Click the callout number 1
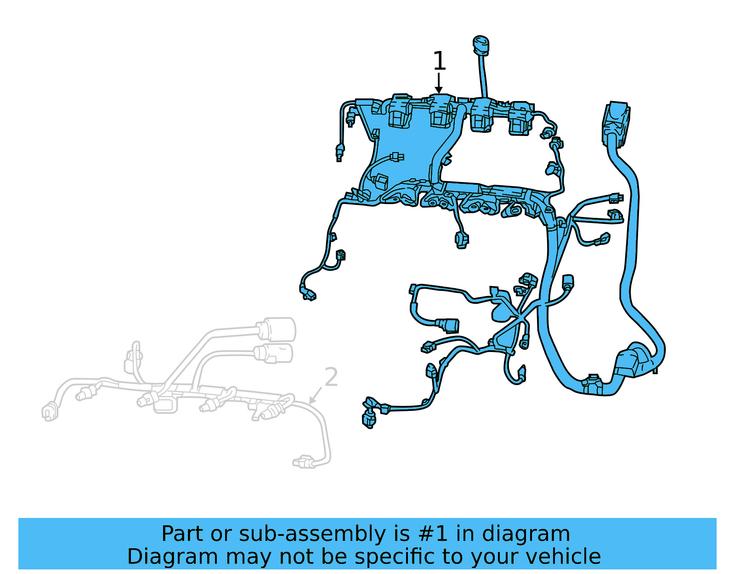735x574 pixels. coord(439,61)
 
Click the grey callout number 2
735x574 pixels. coord(331,377)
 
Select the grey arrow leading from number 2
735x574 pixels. coord(315,396)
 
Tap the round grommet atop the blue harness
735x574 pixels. coord(481,45)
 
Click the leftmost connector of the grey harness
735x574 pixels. coord(49,411)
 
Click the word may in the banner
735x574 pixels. coord(248,557)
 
